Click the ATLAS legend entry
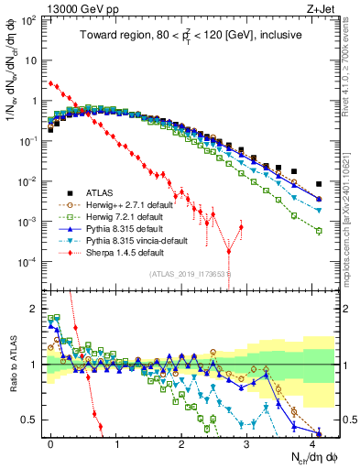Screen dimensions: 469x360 (x=102, y=192)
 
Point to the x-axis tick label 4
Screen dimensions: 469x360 (x=311, y=442)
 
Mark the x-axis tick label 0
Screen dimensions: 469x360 (x=51, y=442)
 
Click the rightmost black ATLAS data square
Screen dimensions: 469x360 (x=319, y=184)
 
